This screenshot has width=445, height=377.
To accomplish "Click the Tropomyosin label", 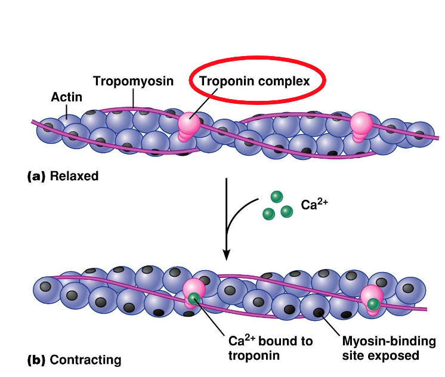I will point(133,81).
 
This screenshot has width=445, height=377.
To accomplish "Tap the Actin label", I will point(66,97).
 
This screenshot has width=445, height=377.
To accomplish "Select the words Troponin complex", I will point(254,81).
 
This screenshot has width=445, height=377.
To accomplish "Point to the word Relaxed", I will point(74,176).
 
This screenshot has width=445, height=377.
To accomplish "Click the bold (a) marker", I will point(36,176).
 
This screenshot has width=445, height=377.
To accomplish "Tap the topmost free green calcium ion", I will point(276,196).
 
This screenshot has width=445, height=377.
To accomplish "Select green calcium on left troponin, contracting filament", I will point(194,298).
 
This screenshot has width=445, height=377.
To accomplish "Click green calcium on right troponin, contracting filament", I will point(373,304).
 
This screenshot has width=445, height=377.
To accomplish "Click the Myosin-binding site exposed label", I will point(380,348).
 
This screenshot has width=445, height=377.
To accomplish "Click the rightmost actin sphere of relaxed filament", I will point(422,134).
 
